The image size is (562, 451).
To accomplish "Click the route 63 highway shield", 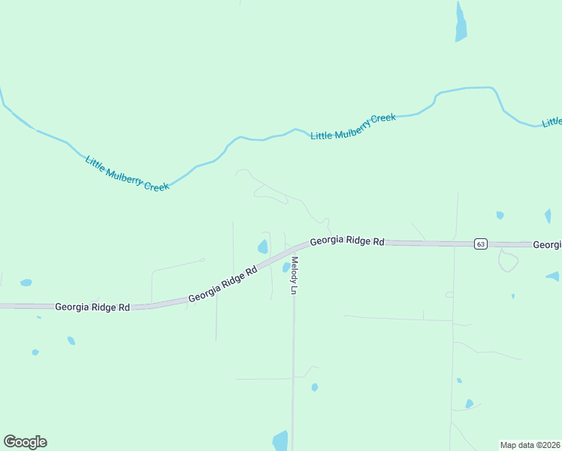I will (481, 244).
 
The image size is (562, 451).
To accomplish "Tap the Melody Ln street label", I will (295, 276).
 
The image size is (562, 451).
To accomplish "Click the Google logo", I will (25, 442).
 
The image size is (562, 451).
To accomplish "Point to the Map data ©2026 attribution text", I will (530, 444).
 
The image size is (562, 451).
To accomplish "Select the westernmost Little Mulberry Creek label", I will (127, 173).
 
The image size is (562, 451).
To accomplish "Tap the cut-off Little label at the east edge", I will (552, 122).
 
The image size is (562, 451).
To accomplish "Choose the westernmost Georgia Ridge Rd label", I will (92, 307).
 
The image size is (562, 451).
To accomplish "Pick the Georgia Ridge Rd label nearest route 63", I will (347, 241).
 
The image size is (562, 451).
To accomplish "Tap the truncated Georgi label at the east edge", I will (547, 245).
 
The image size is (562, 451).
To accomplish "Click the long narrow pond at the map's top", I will (461, 22).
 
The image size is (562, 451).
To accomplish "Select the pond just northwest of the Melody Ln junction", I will (263, 247).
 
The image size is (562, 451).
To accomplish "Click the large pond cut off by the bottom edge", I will (280, 440).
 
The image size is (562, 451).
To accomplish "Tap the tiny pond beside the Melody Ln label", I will (286, 268).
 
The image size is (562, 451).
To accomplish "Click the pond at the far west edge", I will (26, 283).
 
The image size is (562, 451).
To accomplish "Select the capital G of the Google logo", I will (10, 441).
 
